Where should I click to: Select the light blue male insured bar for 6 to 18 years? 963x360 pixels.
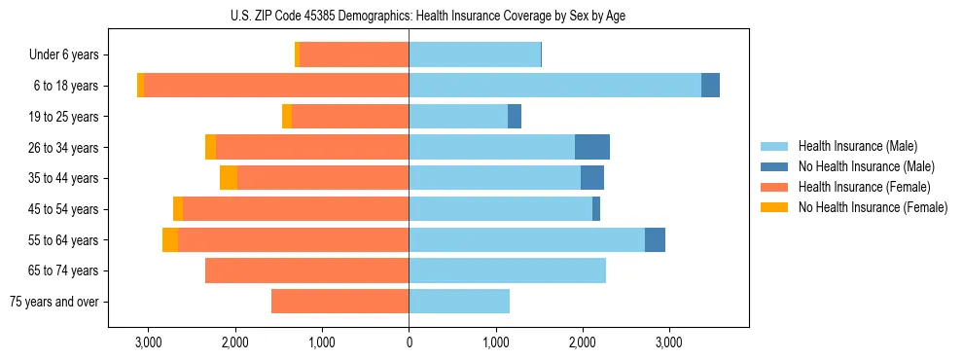click(554, 86)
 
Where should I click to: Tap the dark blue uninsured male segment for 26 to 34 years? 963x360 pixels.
click(592, 147)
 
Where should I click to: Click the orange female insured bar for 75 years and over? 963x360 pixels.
click(339, 302)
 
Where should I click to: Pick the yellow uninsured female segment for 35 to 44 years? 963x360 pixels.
click(229, 178)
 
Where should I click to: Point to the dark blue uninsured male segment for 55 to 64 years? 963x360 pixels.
click(655, 239)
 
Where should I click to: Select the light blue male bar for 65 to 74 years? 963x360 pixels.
click(507, 270)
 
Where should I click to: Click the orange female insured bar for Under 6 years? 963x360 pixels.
click(354, 54)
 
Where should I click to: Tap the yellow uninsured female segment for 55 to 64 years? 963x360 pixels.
click(170, 239)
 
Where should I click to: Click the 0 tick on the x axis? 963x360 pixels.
click(409, 342)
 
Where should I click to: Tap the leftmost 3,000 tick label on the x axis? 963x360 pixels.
click(148, 342)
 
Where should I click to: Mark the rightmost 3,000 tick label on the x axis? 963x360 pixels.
click(669, 342)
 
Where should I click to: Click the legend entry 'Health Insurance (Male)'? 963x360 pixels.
click(857, 146)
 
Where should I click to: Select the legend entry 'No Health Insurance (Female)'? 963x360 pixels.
click(873, 207)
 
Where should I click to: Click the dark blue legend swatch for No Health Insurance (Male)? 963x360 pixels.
click(774, 166)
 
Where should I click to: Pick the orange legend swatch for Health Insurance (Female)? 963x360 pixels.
click(774, 187)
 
